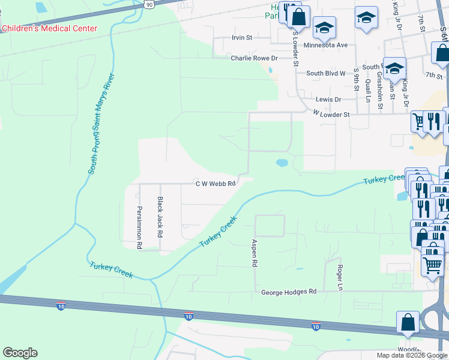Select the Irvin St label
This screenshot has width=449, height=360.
243,37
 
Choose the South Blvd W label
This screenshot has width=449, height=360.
326,73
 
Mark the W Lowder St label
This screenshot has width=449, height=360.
331,113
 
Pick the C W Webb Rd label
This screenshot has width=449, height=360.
214,184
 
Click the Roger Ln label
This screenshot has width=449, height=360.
340,278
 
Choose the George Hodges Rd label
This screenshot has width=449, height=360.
288,292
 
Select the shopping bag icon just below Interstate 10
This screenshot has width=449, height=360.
408,322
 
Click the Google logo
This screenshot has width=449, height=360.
20,353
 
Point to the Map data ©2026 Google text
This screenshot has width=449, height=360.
412,355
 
